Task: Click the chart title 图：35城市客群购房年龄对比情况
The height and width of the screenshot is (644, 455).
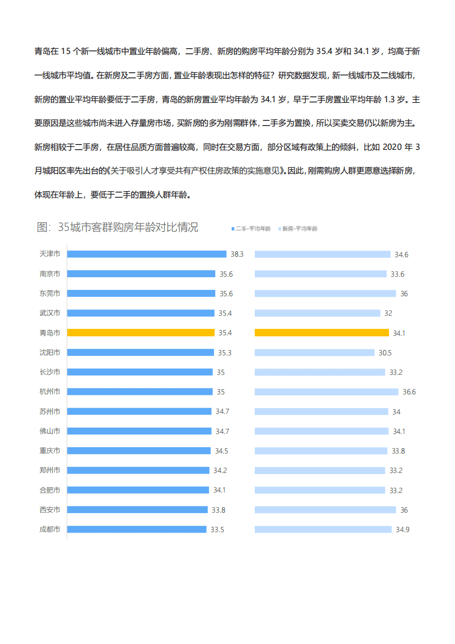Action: click(118, 227)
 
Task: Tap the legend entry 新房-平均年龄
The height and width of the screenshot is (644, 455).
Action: click(300, 228)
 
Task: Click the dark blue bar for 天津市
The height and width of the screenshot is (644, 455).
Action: click(146, 254)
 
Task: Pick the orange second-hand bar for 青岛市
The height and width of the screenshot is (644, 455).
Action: click(141, 332)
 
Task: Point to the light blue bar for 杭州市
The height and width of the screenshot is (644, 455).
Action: click(326, 391)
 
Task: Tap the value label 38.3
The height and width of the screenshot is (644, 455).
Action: click(237, 254)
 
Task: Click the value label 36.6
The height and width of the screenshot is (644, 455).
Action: click(409, 391)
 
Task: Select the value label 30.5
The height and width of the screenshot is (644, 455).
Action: click(385, 352)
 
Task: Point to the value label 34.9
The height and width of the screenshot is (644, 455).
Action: click(402, 529)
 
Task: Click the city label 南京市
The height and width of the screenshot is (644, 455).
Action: click(50, 274)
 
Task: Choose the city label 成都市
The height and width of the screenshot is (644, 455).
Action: click(50, 529)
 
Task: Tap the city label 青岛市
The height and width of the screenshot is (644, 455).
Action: click(50, 332)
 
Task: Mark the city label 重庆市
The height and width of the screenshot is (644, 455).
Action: click(50, 451)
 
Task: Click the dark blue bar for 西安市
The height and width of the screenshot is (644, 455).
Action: click(137, 510)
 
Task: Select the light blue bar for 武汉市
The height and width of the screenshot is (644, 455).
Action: click(317, 313)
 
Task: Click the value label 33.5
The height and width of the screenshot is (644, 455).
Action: click(217, 529)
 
